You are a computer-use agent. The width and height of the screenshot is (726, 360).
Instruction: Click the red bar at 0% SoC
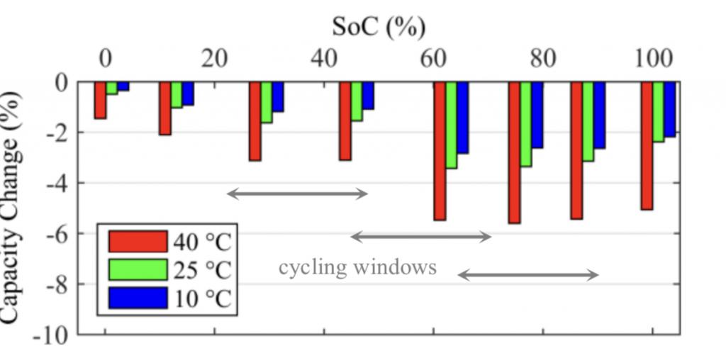100,100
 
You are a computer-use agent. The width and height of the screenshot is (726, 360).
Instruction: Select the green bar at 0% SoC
112,88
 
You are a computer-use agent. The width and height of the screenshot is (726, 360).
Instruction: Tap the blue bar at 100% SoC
670,108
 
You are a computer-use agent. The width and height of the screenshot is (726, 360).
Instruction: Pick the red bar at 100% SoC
647,145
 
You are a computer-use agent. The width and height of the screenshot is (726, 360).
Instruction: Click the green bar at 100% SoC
659,112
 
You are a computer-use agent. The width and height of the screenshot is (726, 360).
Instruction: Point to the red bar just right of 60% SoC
440,151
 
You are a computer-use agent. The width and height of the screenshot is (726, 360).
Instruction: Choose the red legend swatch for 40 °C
138,241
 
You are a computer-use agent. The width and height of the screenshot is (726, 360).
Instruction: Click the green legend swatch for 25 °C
138,270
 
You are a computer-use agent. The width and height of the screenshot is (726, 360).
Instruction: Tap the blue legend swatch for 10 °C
138,298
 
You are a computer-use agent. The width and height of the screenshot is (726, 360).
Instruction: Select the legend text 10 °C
201,299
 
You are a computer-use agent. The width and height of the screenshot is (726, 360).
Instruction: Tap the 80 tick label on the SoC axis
542,58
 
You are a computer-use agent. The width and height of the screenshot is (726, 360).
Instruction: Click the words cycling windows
357,267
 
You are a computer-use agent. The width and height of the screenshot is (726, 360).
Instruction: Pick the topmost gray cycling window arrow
297,193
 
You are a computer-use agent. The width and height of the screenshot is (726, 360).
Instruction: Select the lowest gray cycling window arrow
528,275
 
